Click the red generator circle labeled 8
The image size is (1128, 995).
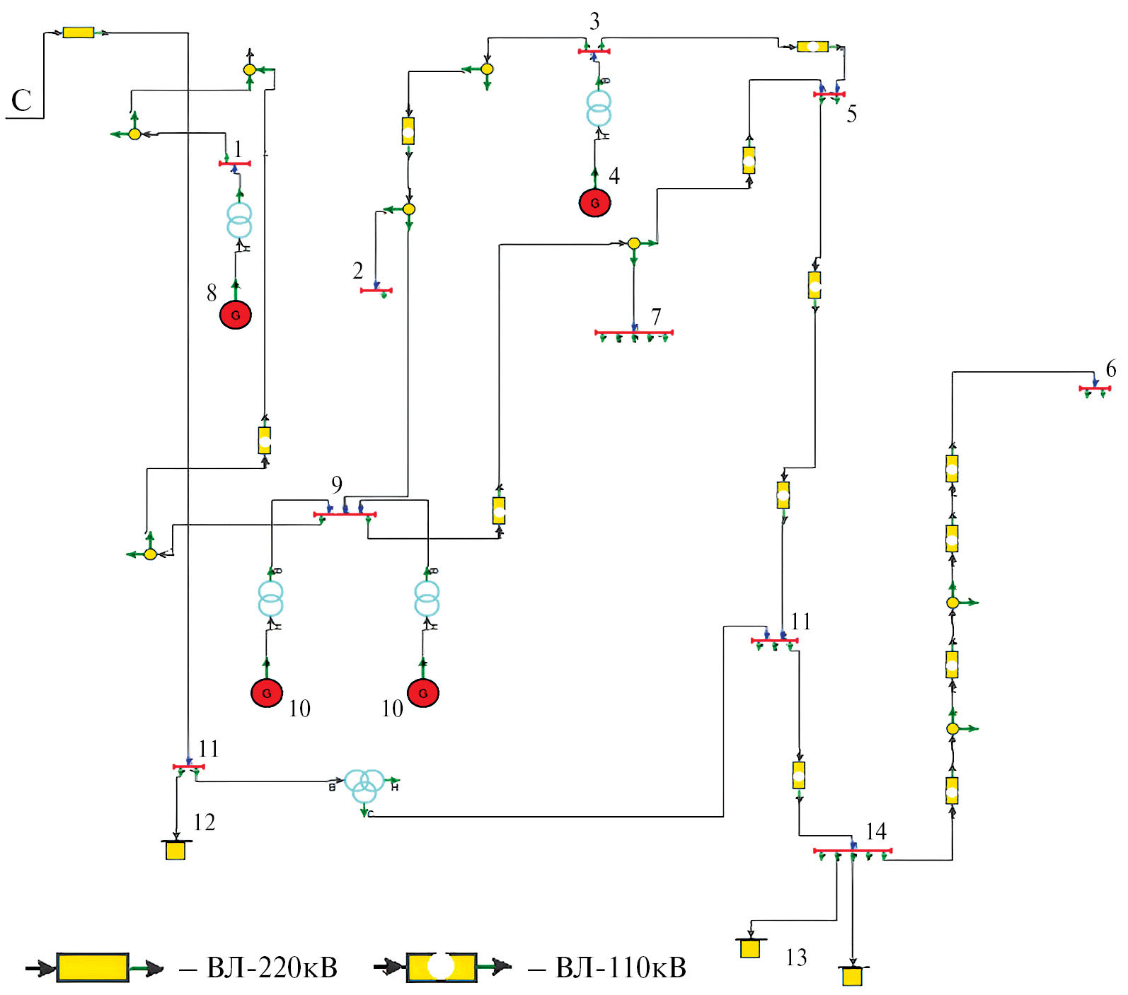(x=236, y=315)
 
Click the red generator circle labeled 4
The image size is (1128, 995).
(x=594, y=203)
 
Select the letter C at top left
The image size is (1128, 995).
(x=21, y=100)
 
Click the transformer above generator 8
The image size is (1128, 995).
(x=239, y=220)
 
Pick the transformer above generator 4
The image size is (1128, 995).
(x=599, y=108)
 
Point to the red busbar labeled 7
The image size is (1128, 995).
(x=633, y=332)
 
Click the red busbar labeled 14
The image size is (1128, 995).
(x=852, y=850)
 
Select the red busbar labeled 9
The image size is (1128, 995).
(x=345, y=514)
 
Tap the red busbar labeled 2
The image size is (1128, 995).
(x=376, y=290)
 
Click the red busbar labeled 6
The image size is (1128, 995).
(x=1094, y=388)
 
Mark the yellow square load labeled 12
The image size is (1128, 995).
(x=175, y=850)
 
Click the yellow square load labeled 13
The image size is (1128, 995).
(x=750, y=948)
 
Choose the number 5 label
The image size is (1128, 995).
(x=851, y=114)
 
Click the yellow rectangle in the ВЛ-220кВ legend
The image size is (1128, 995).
(x=93, y=967)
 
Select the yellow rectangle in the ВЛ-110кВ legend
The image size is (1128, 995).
(x=441, y=967)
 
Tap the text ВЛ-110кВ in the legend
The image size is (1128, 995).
(x=621, y=967)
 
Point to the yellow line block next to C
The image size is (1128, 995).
(x=78, y=33)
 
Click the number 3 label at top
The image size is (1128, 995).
(x=594, y=22)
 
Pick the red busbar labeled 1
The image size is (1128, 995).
(x=234, y=163)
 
